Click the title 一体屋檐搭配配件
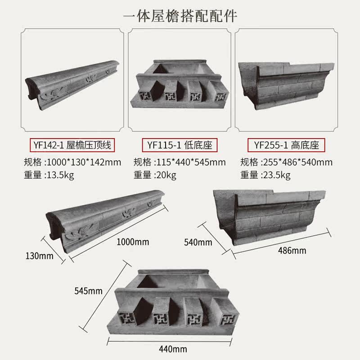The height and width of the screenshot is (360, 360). [180, 15]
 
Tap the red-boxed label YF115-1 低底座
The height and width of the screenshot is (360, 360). [180, 145]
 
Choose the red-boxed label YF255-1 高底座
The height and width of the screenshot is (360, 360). [286, 145]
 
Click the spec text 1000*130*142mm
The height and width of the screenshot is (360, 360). [84, 162]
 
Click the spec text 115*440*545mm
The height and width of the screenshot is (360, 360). [190, 162]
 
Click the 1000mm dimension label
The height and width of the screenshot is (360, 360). [132, 242]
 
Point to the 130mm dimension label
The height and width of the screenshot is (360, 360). [40, 256]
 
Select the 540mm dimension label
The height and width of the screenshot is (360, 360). [198, 243]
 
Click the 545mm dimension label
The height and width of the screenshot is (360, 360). [89, 291]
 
